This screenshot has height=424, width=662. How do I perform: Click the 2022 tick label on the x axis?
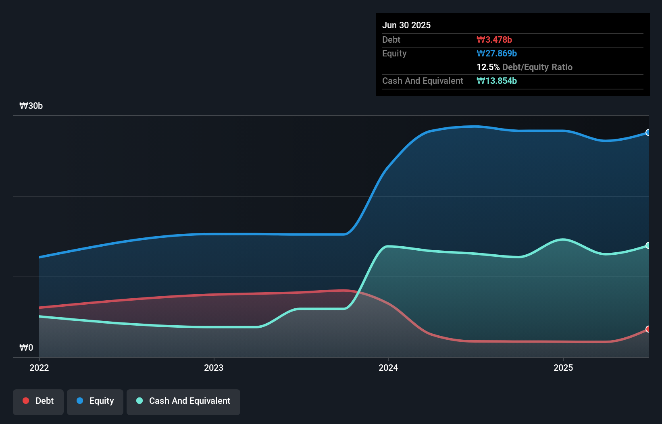[39, 368]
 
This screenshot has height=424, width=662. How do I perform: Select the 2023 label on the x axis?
[214, 368]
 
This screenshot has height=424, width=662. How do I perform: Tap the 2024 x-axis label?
[388, 368]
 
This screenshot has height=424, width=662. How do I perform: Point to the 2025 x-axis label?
[563, 368]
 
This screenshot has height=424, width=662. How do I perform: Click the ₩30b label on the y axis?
[31, 106]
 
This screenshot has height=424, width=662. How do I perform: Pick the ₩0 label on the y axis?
[26, 347]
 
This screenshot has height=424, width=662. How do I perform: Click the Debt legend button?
[38, 401]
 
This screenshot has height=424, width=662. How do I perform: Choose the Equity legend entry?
[95, 401]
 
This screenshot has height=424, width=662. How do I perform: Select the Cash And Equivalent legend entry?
[183, 401]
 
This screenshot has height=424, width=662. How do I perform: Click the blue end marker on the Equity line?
[648, 133]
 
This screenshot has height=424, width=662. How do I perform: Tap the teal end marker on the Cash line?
[648, 245]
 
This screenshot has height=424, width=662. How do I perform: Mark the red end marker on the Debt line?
[648, 329]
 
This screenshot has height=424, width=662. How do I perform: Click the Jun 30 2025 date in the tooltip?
[406, 25]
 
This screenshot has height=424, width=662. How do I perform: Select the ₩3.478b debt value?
[494, 39]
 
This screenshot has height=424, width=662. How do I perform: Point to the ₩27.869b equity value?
[497, 53]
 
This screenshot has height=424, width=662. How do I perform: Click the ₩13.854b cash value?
[497, 81]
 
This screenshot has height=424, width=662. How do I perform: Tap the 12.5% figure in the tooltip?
[488, 67]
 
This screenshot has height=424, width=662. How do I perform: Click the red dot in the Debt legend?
[26, 401]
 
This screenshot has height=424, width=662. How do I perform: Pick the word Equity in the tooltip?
[394, 53]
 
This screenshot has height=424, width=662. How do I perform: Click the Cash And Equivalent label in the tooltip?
[423, 81]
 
